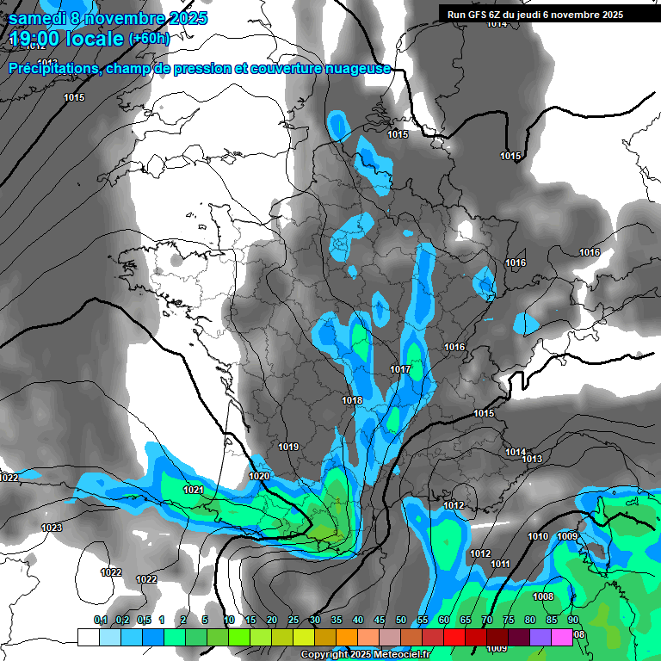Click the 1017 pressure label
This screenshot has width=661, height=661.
pos(400,369)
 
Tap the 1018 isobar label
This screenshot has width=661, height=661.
pos(352,400)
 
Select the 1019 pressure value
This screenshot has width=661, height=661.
pos(288,447)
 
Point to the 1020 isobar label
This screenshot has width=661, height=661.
pos(259,476)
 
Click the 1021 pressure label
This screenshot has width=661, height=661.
pos(194,490)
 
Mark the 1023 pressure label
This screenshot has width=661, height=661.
pos(52,528)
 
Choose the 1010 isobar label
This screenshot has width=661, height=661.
pos(538,536)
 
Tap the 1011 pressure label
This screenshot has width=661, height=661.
pos(500,564)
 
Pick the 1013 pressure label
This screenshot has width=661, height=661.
pos(533,459)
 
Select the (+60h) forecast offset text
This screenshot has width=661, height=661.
pos(149,38)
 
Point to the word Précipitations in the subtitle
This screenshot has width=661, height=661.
pos(52,68)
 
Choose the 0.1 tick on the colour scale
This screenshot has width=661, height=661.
pos(101,620)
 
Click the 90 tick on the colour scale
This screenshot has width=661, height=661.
pos(573,620)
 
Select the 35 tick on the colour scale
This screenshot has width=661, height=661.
pos(337,620)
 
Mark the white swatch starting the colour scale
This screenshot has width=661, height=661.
pos(88,637)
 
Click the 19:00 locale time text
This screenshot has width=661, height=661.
pos(65,39)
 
